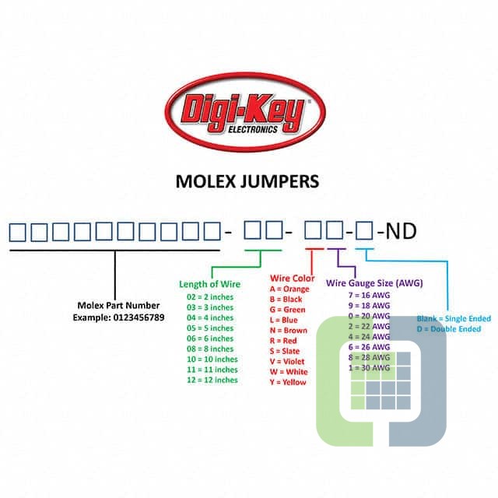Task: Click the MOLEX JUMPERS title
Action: (247, 182)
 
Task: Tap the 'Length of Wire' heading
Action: (210, 284)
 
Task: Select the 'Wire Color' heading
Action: (292, 278)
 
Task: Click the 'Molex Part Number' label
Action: (118, 305)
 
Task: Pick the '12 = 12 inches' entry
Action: (212, 380)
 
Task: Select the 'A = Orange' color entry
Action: (289, 289)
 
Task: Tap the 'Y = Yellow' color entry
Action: (288, 382)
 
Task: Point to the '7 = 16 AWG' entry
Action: (369, 296)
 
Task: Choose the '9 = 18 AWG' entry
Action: (369, 306)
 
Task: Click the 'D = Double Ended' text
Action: (449, 329)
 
